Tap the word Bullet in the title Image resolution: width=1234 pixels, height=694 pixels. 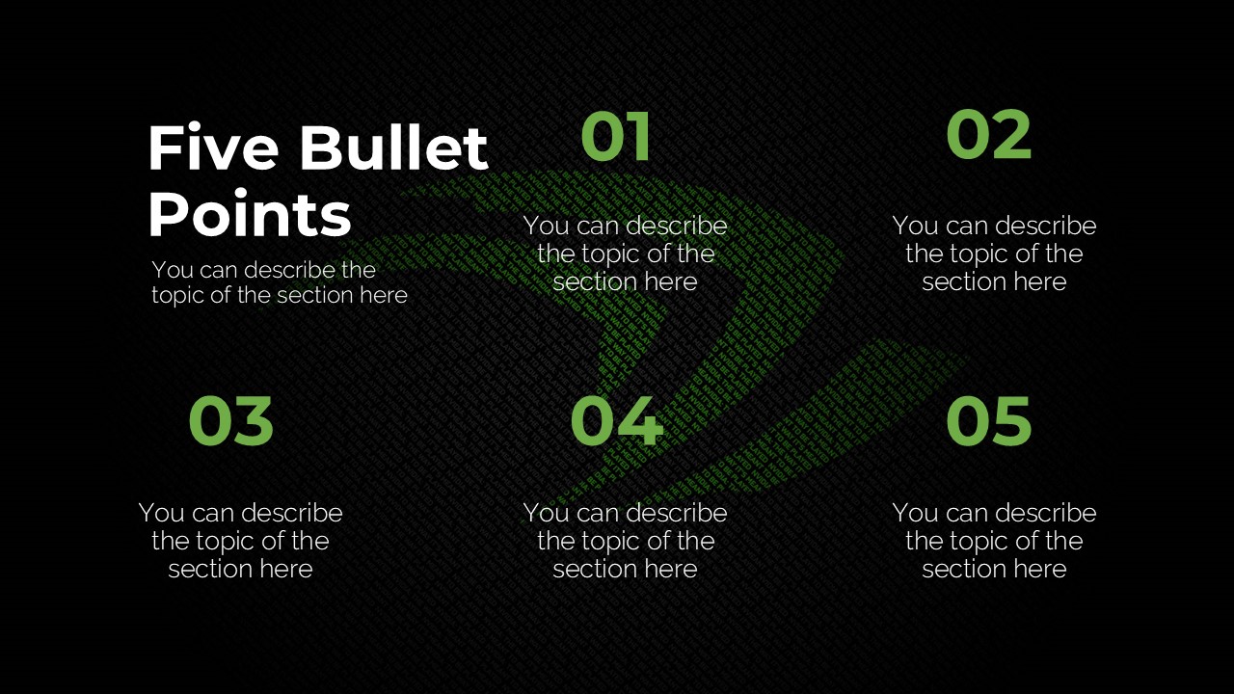[x=393, y=148]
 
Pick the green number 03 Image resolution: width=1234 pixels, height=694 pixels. [x=230, y=422]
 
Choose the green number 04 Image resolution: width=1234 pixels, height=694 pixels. [x=616, y=422]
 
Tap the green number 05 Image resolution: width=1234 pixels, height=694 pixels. [x=988, y=422]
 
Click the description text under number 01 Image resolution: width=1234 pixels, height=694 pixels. [x=625, y=254]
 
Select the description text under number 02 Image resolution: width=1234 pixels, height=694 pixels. [x=994, y=254]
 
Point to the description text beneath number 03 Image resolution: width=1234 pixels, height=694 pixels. [x=240, y=541]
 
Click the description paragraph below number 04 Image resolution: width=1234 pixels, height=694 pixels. [x=625, y=541]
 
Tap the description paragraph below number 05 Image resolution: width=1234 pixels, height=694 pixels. [x=994, y=541]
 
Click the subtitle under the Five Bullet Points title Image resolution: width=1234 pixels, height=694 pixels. [x=280, y=282]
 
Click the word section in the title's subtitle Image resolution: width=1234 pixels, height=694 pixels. [x=315, y=295]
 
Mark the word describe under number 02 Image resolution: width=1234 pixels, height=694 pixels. [x=1046, y=226]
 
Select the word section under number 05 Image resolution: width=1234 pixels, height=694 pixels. [x=961, y=569]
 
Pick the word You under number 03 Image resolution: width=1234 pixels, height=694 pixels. [x=162, y=513]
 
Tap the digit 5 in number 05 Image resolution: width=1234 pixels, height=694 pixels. [x=1012, y=422]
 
